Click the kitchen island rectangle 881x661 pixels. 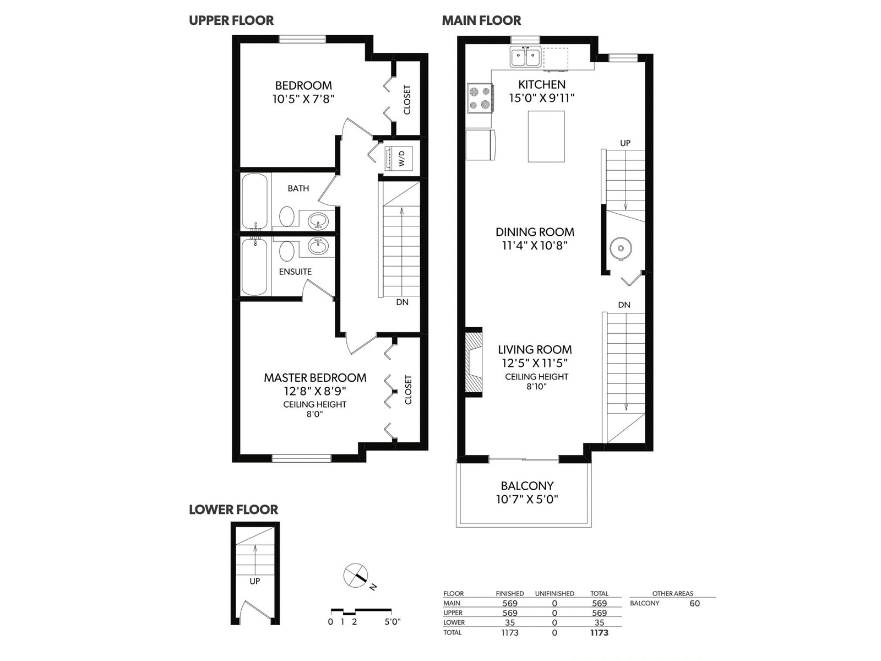pyautogui.click(x=546, y=137)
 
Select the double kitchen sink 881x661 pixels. pyautogui.click(x=525, y=57)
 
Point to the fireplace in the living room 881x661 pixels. pyautogui.click(x=474, y=363)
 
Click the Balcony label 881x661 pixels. pyautogui.click(x=527, y=486)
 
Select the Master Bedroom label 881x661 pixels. pyautogui.click(x=315, y=378)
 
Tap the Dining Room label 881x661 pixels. pyautogui.click(x=535, y=232)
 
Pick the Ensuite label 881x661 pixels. pyautogui.click(x=295, y=272)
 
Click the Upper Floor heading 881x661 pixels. pyautogui.click(x=231, y=20)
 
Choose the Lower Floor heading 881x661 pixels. pyautogui.click(x=233, y=510)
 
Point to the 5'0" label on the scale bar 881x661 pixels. pyautogui.click(x=393, y=622)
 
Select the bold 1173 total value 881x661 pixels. pyautogui.click(x=599, y=633)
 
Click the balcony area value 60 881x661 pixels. pyautogui.click(x=694, y=603)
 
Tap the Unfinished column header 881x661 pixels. pyautogui.click(x=554, y=594)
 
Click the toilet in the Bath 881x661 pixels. pyautogui.click(x=286, y=217)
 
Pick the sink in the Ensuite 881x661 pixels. pyautogui.click(x=318, y=246)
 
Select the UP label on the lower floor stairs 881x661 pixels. pyautogui.click(x=255, y=581)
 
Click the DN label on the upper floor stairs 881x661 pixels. pyautogui.click(x=402, y=302)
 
